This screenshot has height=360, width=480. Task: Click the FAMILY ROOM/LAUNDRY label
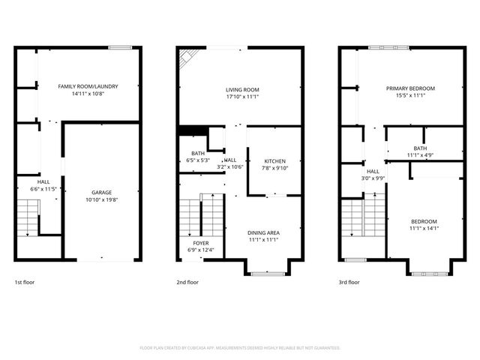pyautogui.click(x=88, y=87)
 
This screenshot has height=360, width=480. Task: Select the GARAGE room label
pyautogui.click(x=102, y=192)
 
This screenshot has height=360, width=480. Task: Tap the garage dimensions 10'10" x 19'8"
pyautogui.click(x=102, y=199)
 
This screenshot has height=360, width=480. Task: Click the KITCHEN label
pyautogui.click(x=274, y=161)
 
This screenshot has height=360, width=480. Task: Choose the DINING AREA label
pyautogui.click(x=263, y=232)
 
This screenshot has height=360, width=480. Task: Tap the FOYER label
pyautogui.click(x=201, y=243)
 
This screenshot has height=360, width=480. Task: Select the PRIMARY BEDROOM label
pyautogui.click(x=410, y=88)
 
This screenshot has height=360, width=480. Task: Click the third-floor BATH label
pyautogui.click(x=420, y=148)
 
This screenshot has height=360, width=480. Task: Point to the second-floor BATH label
pyautogui.click(x=197, y=153)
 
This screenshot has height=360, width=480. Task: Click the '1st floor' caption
pyautogui.click(x=25, y=283)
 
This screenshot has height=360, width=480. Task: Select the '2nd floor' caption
pyautogui.click(x=187, y=283)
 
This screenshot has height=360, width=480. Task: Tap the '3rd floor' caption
pyautogui.click(x=349, y=283)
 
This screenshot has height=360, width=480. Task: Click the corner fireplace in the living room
pyautogui.click(x=188, y=58)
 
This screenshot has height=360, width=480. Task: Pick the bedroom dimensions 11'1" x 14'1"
pyautogui.click(x=424, y=229)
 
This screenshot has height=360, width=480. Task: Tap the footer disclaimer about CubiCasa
pyautogui.click(x=240, y=348)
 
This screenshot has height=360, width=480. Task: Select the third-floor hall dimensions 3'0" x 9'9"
pyautogui.click(x=373, y=178)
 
